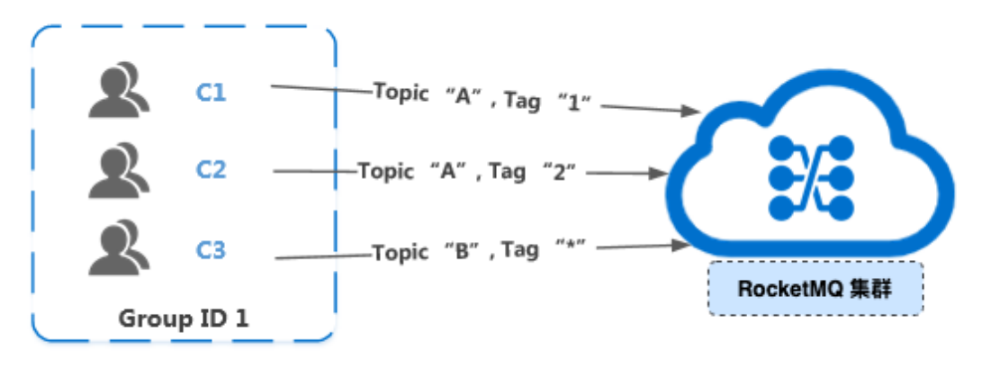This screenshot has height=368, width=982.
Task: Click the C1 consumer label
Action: point(212,92)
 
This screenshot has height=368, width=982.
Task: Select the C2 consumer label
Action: point(212,169)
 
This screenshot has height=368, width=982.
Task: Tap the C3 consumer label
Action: point(212,249)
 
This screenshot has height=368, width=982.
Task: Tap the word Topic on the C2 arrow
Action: point(384,170)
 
